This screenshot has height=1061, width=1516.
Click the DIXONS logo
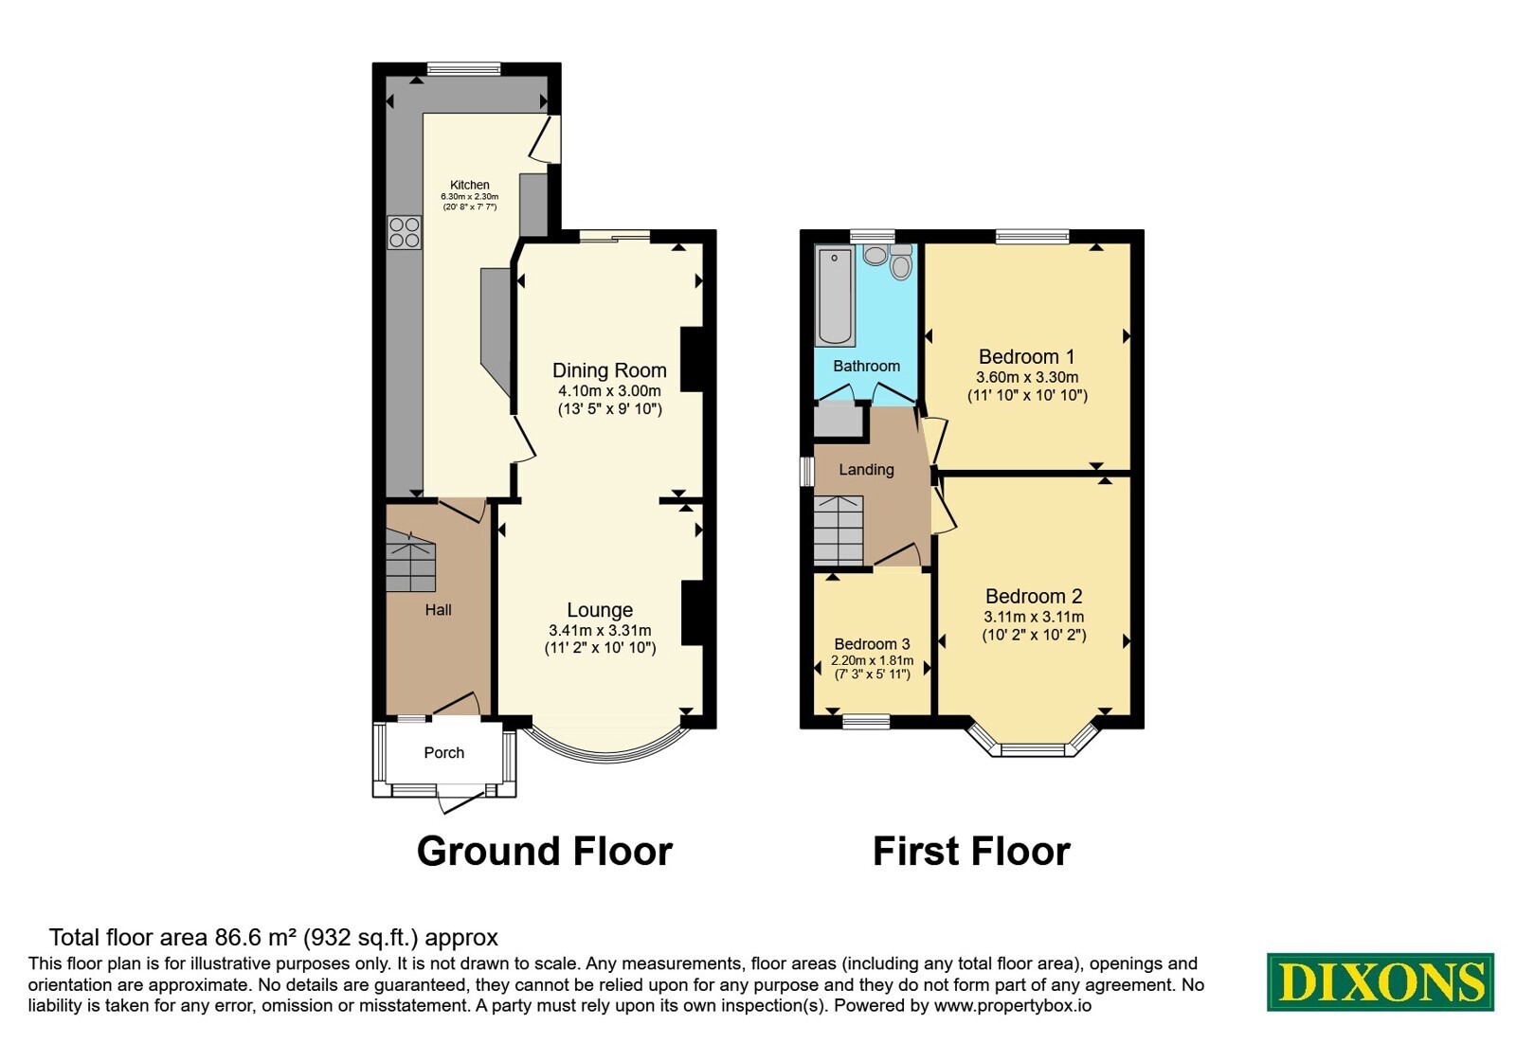click(1380, 981)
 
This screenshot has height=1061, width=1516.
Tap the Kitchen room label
click(470, 185)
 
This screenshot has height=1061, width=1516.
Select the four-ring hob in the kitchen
click(404, 232)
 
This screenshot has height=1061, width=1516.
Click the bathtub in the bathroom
click(835, 297)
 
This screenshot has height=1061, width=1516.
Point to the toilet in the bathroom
click(901, 261)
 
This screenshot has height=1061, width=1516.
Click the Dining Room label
click(609, 370)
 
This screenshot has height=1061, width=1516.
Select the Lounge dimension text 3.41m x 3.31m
click(600, 631)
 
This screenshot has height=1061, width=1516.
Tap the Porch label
click(444, 752)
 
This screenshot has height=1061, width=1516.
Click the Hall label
click(438, 610)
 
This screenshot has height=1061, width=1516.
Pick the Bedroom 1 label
click(1027, 356)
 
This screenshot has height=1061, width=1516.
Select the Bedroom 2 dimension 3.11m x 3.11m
click(1034, 617)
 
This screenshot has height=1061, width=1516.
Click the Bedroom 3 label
click(872, 643)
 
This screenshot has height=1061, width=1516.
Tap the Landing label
click(866, 469)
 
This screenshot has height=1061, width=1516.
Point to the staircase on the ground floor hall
click(410, 560)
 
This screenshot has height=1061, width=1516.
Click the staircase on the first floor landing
click(839, 530)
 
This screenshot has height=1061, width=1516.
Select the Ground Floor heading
click(544, 852)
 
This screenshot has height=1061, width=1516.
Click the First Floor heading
click(971, 852)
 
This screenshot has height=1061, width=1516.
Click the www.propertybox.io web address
click(1013, 1006)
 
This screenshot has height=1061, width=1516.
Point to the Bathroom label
click(866, 366)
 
